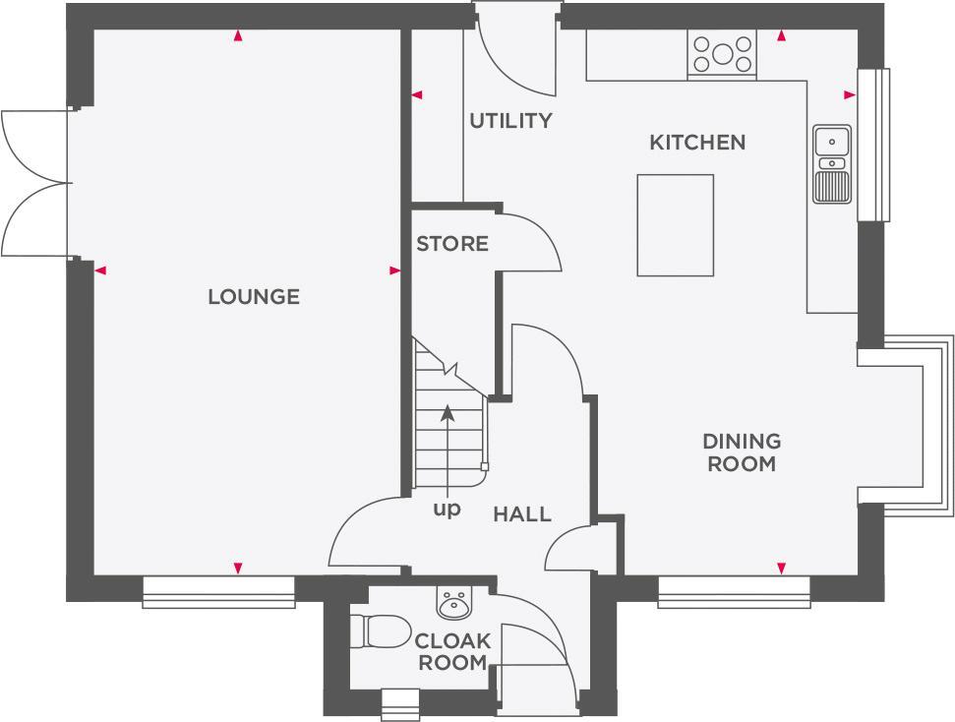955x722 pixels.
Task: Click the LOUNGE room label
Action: point(253,296)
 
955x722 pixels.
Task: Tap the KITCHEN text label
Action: point(697,143)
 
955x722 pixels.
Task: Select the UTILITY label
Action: point(510,121)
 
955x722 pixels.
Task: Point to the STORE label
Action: point(451,244)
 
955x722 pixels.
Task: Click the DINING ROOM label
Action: point(742,452)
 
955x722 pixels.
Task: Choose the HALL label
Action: point(521,513)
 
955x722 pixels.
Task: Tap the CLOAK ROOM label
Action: point(452,652)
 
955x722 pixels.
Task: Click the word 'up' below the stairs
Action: point(447,510)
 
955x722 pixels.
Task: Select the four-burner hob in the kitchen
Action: point(722,54)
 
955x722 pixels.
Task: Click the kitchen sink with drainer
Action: point(832,164)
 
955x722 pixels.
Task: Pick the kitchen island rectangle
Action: point(675,225)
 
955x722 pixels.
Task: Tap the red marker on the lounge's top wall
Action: point(237,36)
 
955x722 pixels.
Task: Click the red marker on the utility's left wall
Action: point(417,95)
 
